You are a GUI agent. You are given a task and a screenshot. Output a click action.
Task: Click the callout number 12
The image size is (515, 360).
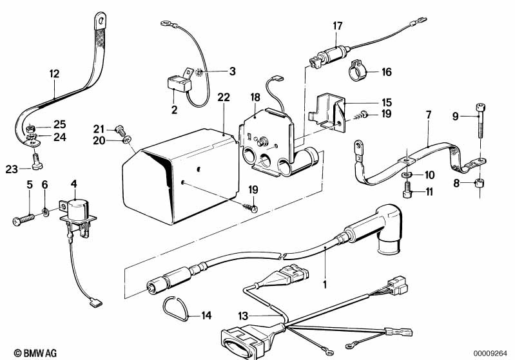54,74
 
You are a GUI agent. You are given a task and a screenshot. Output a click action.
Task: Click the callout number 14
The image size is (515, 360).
206,316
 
